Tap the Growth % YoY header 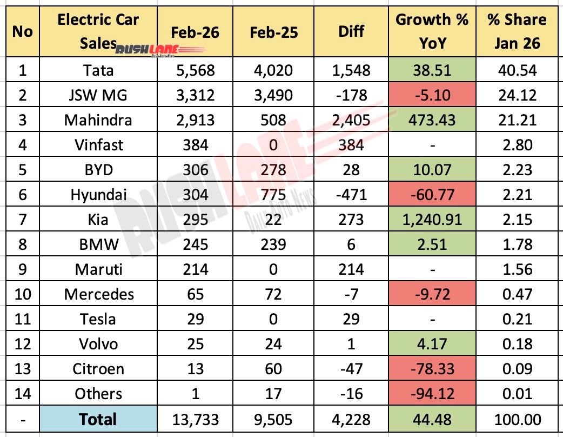point(432,31)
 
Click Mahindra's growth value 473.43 point(432,120)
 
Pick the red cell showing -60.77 point(432,195)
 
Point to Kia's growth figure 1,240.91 point(432,220)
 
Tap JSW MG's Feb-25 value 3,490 point(273,95)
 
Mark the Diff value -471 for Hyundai point(351,195)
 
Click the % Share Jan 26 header point(517,31)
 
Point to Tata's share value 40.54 point(517,70)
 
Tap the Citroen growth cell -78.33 point(432,369)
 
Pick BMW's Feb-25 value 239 point(273,244)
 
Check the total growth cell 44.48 point(432,419)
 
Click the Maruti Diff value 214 point(351,269)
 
